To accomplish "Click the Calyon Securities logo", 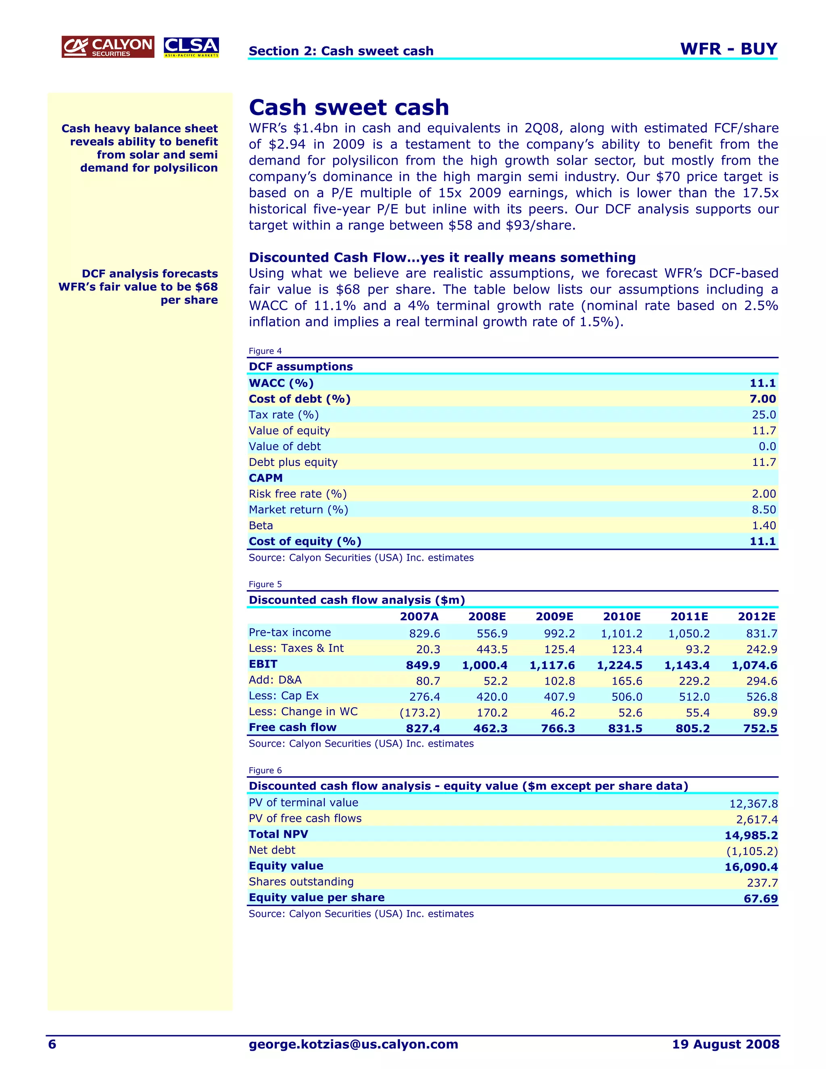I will click(108, 47).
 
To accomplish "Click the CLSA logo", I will click(191, 47).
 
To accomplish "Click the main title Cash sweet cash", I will click(348, 107).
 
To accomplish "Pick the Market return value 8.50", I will click(763, 509).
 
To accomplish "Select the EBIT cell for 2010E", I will click(619, 665).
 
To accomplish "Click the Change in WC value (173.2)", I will click(420, 713).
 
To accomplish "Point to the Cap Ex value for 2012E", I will click(761, 697).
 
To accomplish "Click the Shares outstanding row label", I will click(301, 881).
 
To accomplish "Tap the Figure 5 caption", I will click(265, 584).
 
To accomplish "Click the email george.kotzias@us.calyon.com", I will click(353, 1044).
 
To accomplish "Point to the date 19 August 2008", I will click(725, 1044).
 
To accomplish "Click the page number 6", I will click(52, 1044).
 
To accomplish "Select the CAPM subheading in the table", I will click(266, 478).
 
